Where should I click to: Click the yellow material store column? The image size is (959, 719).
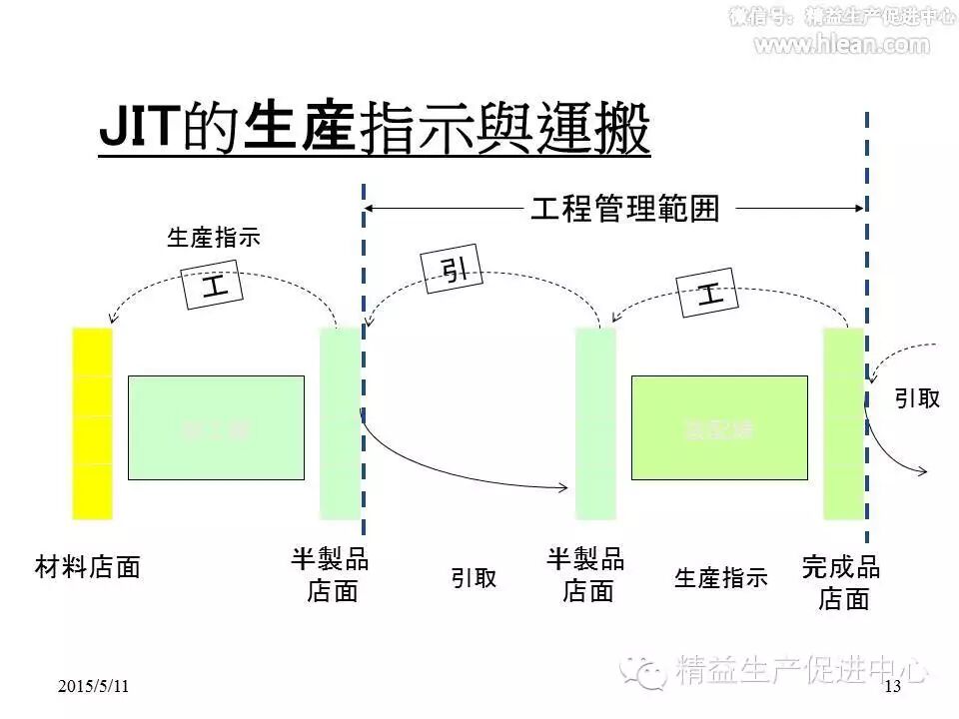[x=92, y=422]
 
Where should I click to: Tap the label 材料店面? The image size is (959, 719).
[x=88, y=568]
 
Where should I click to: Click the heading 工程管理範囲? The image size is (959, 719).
[x=624, y=209]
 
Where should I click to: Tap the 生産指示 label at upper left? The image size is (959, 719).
[x=213, y=238]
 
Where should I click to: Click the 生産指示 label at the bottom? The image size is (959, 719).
[x=721, y=578]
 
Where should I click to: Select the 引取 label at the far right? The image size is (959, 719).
[x=916, y=399]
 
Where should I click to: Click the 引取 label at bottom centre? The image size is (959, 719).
[x=473, y=579]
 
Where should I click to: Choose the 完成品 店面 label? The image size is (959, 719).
[x=841, y=583]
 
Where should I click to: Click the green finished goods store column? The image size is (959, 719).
[x=843, y=422]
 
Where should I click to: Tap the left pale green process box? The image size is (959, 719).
[x=216, y=427]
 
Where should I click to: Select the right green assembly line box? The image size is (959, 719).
[x=719, y=427]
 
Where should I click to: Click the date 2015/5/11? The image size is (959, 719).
[x=94, y=686]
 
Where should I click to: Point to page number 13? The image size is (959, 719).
[x=892, y=686]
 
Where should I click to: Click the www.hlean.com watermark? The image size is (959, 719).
[x=840, y=44]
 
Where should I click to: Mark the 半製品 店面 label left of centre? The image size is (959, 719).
[x=331, y=575]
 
